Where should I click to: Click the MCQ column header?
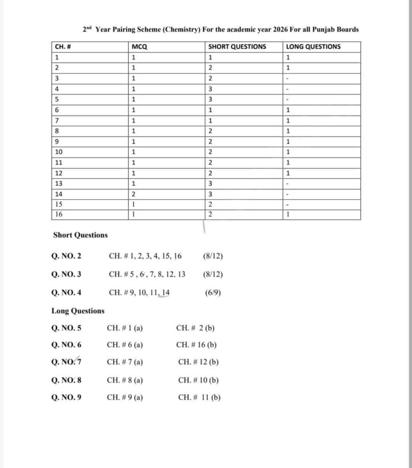coord(139,47)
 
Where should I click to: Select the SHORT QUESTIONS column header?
coord(237,47)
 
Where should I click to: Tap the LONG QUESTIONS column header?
coord(313,47)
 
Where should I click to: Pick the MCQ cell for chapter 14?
coord(134,194)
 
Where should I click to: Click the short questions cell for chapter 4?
coord(210,89)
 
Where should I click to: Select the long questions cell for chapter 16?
coord(289,214)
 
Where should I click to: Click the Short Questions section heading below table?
coord(80,235)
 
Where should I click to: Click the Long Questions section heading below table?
coord(78,311)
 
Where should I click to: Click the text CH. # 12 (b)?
coord(198,362)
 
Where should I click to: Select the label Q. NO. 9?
coord(67,397)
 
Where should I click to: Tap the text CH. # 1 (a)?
coord(125,328)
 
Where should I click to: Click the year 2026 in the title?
coord(280,30)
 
